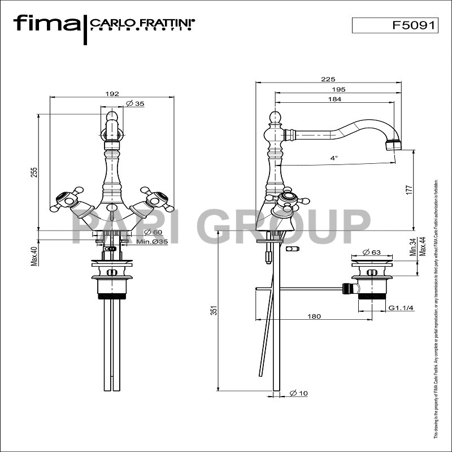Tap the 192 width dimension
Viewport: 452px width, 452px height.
(x=112, y=94)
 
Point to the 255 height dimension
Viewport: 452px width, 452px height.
(x=34, y=171)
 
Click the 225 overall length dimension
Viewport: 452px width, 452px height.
(x=328, y=80)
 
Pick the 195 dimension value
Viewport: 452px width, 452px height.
(x=338, y=89)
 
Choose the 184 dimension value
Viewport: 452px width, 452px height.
(x=335, y=99)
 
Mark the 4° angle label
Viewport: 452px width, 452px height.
(x=334, y=158)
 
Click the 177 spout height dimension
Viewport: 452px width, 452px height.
(x=410, y=190)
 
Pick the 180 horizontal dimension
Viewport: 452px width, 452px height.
(x=315, y=316)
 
